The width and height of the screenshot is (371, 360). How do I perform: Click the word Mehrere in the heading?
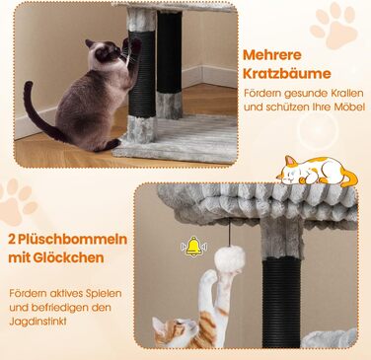tap(272, 55)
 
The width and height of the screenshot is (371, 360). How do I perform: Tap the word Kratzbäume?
tap(287, 74)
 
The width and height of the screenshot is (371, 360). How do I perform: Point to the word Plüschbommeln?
tap(72, 240)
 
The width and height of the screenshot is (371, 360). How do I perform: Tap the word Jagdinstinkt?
tap(37, 322)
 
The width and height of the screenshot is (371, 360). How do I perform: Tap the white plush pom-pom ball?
tap(230, 258)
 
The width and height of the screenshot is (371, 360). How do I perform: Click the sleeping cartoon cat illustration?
tap(317, 171)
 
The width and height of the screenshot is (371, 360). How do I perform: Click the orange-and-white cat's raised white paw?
tap(209, 277)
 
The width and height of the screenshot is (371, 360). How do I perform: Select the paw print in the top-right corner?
tap(334, 26)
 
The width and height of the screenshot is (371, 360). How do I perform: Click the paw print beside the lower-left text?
tap(18, 200)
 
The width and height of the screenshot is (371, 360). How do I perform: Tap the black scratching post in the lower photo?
tap(281, 301)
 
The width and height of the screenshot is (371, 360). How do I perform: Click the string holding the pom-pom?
tap(229, 233)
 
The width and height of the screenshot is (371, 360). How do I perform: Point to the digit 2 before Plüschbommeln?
tap(12, 240)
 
